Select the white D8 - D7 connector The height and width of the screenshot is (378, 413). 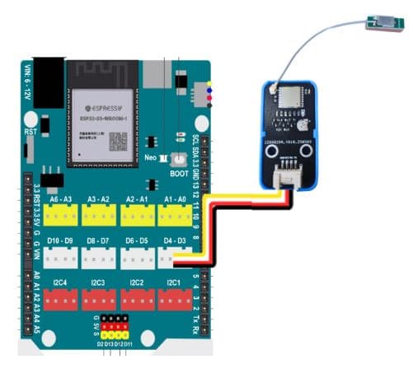point(99,257)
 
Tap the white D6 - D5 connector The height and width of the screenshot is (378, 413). point(137,257)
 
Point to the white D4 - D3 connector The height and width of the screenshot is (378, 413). point(174,257)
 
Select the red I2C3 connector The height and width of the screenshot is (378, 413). point(99,300)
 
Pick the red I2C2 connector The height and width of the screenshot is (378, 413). point(137,300)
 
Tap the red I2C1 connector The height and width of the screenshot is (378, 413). point(174,300)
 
